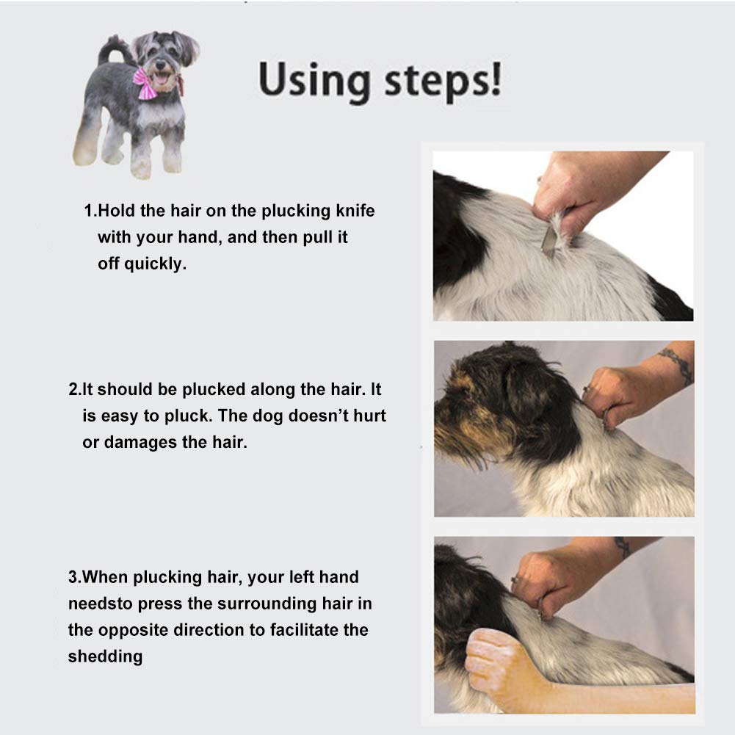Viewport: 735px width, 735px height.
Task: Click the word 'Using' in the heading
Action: pos(314,81)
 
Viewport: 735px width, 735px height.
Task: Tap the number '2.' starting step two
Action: pos(75,389)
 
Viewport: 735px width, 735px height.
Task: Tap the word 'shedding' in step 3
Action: pos(106,656)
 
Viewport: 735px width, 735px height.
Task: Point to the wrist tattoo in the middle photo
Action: pos(677,363)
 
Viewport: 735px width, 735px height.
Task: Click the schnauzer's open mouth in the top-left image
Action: pos(161,79)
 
